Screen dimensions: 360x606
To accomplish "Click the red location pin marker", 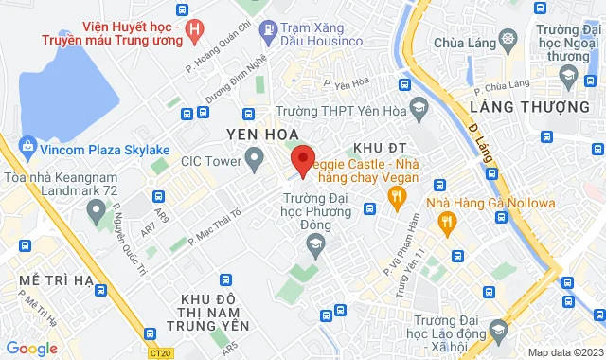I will click(301, 159).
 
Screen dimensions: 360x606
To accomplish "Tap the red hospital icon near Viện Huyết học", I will click(195, 30).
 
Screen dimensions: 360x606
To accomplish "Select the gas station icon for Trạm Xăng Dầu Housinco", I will click(268, 29).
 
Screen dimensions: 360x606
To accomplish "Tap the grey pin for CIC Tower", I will click(254, 160).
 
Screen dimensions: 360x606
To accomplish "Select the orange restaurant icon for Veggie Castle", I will click(397, 196).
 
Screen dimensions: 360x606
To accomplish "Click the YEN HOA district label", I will click(262, 134).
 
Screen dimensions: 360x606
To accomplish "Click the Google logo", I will click(31, 349).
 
